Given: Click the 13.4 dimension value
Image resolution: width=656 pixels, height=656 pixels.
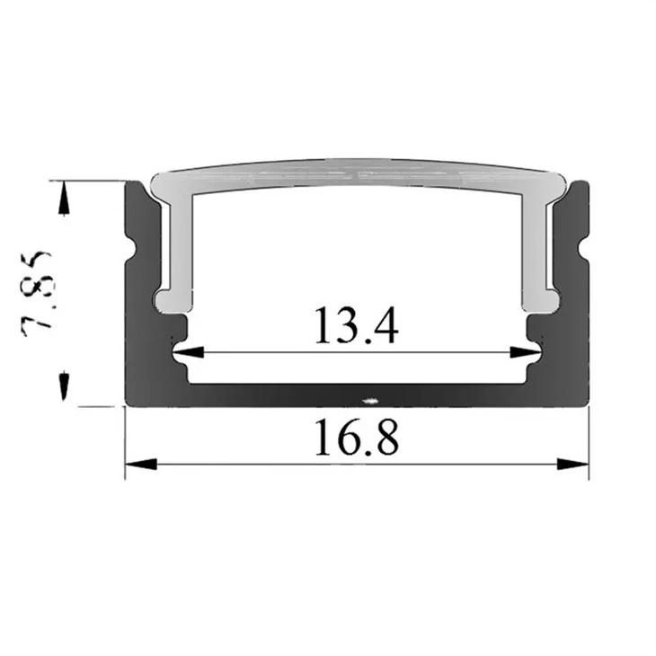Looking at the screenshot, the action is tap(356, 325).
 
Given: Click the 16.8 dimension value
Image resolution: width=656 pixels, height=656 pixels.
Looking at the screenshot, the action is tap(357, 438).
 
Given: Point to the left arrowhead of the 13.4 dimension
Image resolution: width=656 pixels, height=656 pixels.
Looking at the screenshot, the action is tap(188, 352).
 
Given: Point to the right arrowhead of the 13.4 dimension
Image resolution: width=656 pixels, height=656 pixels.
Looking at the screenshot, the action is tap(526, 352).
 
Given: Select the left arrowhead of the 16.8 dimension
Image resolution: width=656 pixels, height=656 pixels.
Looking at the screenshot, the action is tap(141, 464).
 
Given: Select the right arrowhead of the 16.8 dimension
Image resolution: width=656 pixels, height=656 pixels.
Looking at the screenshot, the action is tap(573, 464).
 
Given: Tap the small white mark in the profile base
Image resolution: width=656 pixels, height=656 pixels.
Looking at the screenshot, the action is tap(370, 402).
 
